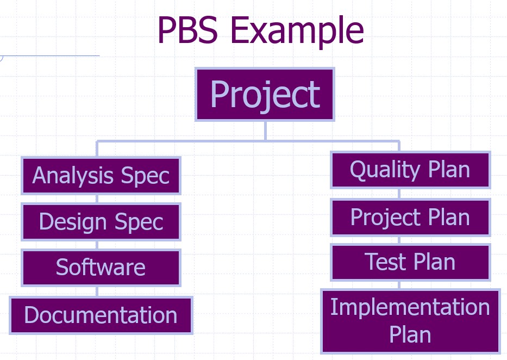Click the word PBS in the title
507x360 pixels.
click(188, 30)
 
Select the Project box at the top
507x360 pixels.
click(265, 95)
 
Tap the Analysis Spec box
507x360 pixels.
click(101, 176)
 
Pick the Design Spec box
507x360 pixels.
click(101, 222)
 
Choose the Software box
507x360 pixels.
click(101, 268)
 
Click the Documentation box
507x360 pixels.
click(101, 315)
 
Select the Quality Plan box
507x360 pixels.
click(410, 170)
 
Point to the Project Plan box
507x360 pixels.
click(410, 217)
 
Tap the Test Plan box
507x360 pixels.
click(410, 262)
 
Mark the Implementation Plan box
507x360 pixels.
click(410, 321)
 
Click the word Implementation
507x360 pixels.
click(410, 307)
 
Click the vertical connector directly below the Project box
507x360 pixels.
click(265, 131)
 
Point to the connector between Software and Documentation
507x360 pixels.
click(97, 291)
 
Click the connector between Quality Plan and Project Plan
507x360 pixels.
click(399, 194)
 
